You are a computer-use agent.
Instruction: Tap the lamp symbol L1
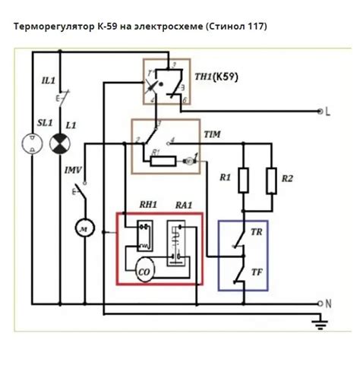(58, 143)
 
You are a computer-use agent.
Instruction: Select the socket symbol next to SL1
(31, 143)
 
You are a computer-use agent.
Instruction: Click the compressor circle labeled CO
(144, 271)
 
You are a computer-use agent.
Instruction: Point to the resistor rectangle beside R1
(244, 181)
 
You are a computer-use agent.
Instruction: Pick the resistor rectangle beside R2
(271, 181)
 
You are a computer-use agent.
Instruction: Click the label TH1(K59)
(210, 76)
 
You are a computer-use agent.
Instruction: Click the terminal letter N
(328, 303)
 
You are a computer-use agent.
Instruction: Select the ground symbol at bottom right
(318, 324)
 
